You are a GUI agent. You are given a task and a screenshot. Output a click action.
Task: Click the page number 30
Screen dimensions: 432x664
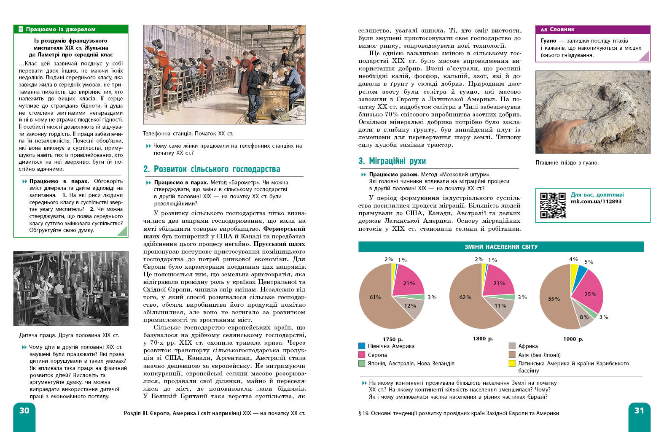[x=24, y=410]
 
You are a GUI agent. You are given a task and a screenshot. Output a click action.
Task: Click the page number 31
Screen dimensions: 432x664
[x=639, y=410]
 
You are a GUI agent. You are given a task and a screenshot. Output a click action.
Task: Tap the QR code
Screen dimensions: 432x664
[x=553, y=205]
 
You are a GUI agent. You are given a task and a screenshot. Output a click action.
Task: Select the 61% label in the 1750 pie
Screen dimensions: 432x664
[x=375, y=297]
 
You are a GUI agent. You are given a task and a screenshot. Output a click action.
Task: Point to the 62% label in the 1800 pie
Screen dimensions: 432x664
[x=465, y=297]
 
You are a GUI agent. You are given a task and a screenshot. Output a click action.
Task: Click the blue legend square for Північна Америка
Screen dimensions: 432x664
[x=362, y=346]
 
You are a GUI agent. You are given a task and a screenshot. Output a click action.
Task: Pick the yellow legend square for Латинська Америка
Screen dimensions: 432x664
[x=512, y=363]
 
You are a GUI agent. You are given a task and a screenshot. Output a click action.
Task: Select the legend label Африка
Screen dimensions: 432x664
[x=528, y=346]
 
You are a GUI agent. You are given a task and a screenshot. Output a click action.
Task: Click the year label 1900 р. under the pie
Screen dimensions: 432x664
[x=573, y=339]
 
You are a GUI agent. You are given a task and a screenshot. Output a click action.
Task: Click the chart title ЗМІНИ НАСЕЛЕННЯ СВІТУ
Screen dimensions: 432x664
[x=501, y=247]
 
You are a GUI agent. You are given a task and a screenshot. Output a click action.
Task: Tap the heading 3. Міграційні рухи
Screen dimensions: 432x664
[x=392, y=161]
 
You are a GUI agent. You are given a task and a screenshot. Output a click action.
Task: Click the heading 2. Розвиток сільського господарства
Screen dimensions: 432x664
[x=212, y=169]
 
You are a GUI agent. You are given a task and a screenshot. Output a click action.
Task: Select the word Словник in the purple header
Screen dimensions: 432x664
[x=562, y=30]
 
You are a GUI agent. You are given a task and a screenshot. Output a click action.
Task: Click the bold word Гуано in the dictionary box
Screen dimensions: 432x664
[x=548, y=41]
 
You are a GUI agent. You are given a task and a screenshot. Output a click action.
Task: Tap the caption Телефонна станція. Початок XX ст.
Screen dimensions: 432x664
[x=188, y=134]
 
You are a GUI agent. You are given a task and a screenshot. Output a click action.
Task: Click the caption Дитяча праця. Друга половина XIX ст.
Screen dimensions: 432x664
[x=69, y=335]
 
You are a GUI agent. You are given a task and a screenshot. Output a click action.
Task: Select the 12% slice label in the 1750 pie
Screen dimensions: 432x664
[x=410, y=306]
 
